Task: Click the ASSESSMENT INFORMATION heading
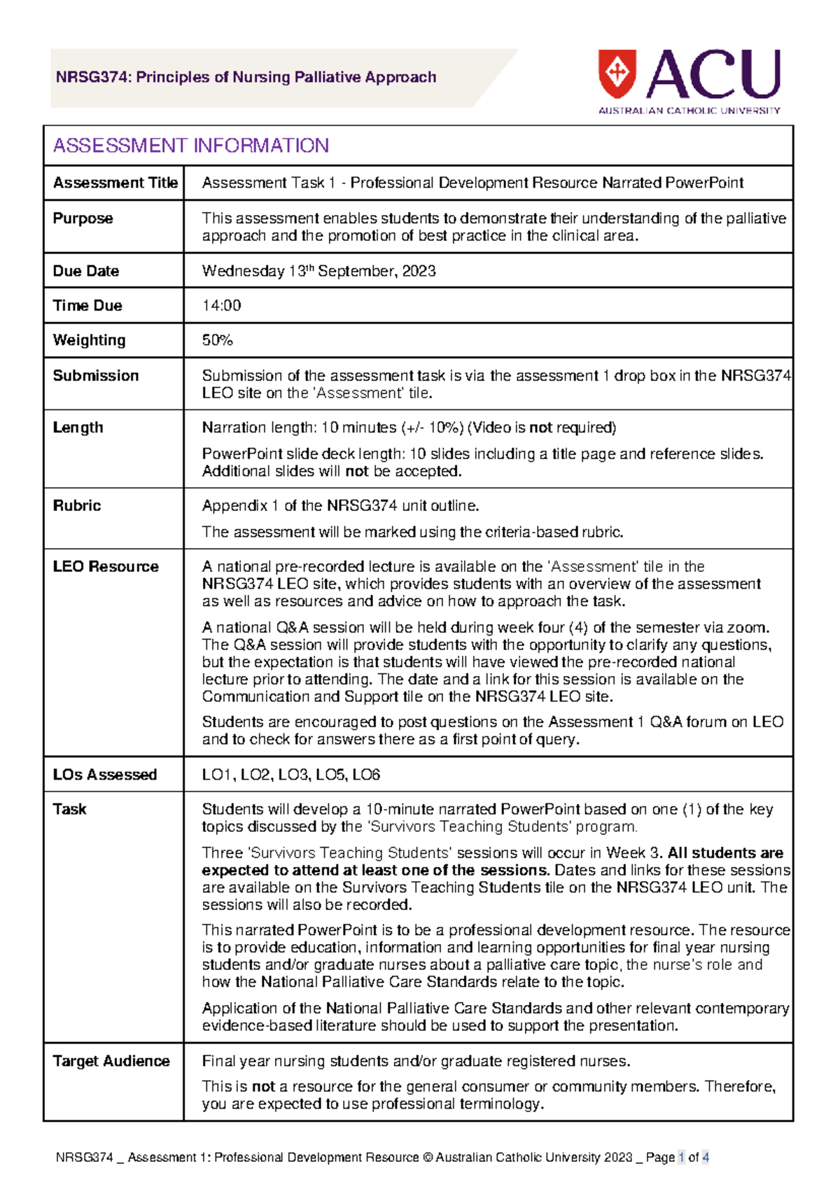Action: coord(191,146)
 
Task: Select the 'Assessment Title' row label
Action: coord(115,183)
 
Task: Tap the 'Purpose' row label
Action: coord(83,218)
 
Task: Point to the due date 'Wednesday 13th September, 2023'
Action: coord(318,272)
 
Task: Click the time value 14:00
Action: coord(221,306)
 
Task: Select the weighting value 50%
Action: coord(217,341)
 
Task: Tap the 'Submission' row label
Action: coord(96,376)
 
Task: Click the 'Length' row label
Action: coord(78,428)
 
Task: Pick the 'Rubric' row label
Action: coord(77,506)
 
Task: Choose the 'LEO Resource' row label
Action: coord(106,567)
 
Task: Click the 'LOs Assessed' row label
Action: coord(105,775)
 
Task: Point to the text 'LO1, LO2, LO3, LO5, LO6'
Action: coord(290,775)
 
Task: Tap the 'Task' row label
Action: coord(69,810)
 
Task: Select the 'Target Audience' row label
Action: coord(111,1062)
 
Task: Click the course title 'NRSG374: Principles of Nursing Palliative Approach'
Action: coord(246,78)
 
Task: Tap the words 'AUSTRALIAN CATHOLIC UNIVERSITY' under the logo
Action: coord(689,111)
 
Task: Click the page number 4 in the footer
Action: coord(706,1158)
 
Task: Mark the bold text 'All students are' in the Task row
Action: coord(725,853)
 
